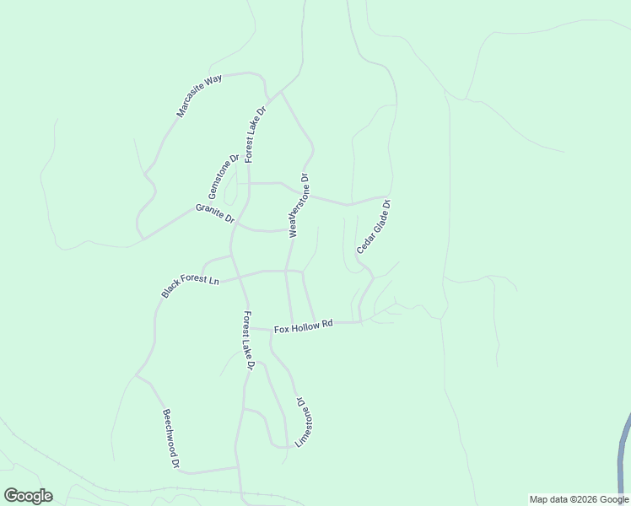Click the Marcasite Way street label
point(199,95)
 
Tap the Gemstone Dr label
point(224,176)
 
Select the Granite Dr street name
point(215,213)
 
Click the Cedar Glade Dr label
point(375,226)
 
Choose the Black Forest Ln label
point(191,286)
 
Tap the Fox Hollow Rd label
point(304,326)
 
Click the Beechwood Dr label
point(171,439)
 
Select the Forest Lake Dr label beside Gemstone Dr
point(256,134)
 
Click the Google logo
point(27,496)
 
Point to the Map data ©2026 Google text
point(579,499)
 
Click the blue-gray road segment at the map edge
point(624,455)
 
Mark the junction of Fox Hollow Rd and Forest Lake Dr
point(251,328)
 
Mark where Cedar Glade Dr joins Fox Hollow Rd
point(360,322)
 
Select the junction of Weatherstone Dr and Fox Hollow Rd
point(292,326)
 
